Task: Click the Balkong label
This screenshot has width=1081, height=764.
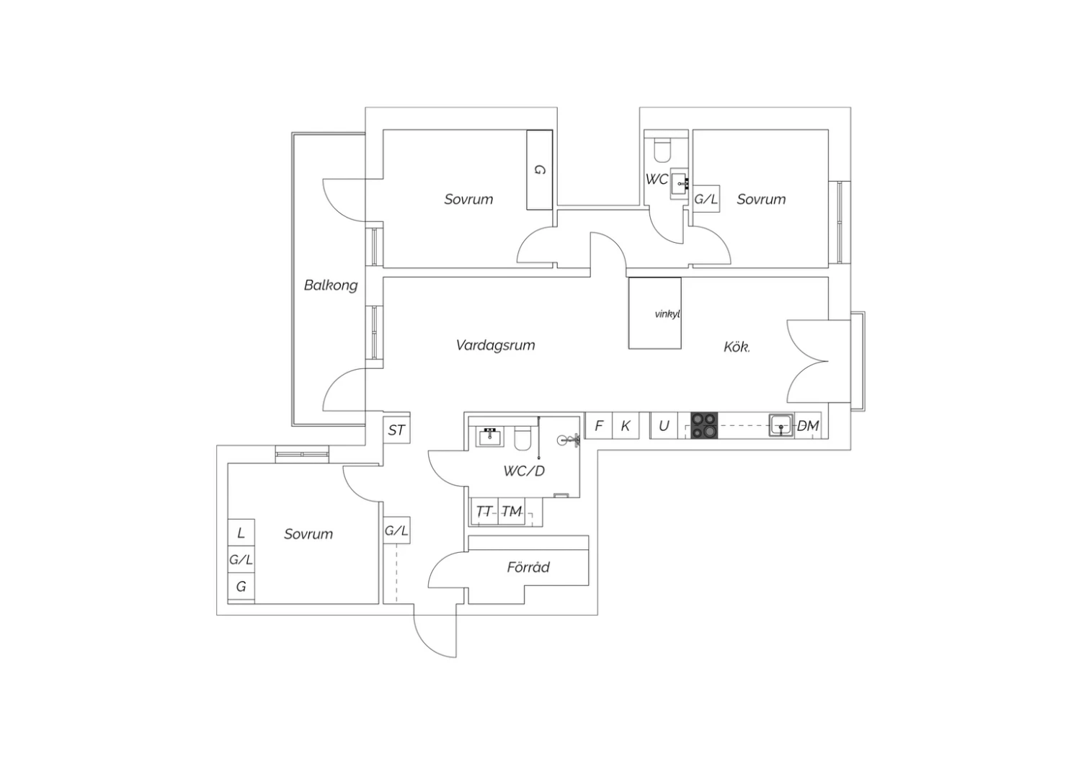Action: (331, 285)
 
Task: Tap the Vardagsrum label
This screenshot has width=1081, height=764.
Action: (496, 345)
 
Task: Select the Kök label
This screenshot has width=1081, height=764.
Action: (737, 347)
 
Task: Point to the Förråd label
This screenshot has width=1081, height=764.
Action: (528, 567)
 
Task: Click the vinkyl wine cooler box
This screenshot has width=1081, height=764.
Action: (655, 314)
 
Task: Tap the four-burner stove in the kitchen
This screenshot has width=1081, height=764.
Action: (704, 425)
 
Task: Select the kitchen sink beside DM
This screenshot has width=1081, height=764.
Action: (780, 425)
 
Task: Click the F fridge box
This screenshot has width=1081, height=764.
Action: (598, 425)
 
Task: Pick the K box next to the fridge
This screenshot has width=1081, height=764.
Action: (626, 425)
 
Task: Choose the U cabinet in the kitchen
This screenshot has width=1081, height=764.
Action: (664, 425)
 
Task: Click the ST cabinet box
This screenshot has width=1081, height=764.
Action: (396, 430)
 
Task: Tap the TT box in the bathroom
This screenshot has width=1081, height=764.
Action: (484, 512)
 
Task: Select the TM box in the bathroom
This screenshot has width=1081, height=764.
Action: (512, 512)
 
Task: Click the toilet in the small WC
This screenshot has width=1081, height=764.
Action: (661, 150)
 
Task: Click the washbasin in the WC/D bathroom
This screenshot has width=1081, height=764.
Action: (490, 437)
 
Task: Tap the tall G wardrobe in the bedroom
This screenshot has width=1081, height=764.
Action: (540, 170)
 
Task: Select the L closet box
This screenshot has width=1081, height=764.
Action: (241, 533)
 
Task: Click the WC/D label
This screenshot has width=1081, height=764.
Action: (524, 471)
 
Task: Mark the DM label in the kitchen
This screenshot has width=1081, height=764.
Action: (808, 426)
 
